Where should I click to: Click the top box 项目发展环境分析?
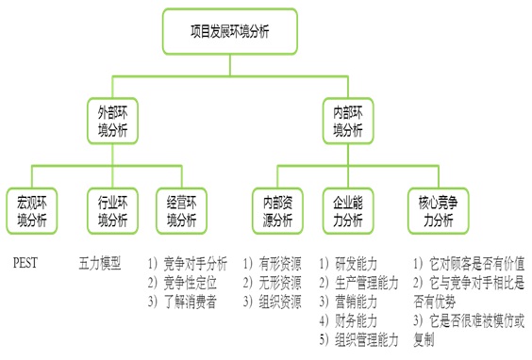click(229, 31)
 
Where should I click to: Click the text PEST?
click(25, 263)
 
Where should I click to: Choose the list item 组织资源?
click(278, 302)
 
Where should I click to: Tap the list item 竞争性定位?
click(190, 283)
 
